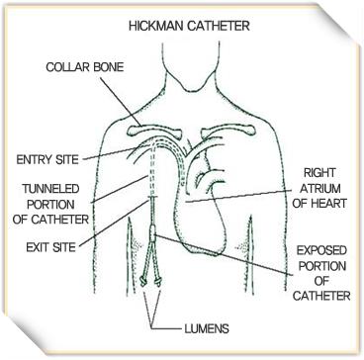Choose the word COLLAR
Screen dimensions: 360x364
[x=64, y=67]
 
